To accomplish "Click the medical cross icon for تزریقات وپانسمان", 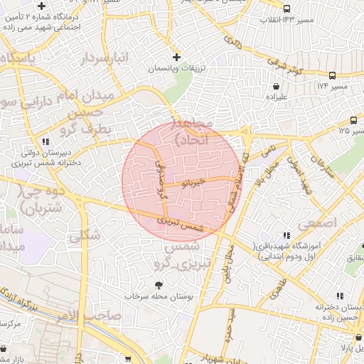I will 177,57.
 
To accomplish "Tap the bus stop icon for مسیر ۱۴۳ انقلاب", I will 287,9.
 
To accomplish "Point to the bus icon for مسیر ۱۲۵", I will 353,120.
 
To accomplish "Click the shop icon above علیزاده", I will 275,85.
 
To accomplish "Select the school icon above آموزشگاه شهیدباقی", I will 287,235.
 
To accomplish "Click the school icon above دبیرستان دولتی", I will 46,141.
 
